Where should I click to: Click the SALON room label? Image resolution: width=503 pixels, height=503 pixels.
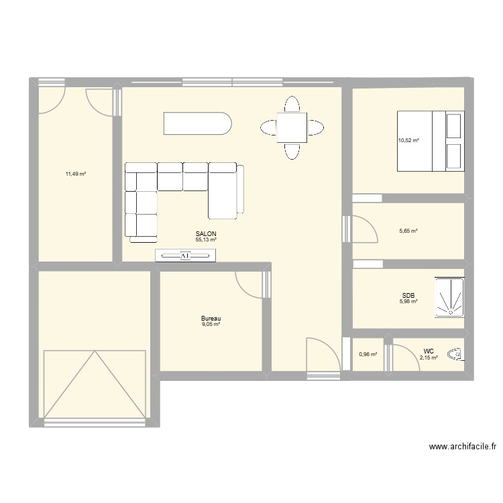pyautogui.click(x=206, y=234)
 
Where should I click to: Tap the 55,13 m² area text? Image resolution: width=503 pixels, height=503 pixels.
pyautogui.click(x=206, y=239)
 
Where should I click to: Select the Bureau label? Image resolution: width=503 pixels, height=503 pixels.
pyautogui.click(x=211, y=319)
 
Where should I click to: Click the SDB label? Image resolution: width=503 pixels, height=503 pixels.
pyautogui.click(x=408, y=295)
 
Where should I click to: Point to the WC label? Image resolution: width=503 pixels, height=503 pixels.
pyautogui.click(x=428, y=351)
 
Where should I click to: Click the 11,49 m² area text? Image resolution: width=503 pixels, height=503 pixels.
pyautogui.click(x=75, y=174)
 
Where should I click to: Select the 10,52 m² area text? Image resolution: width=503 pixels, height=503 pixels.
pyautogui.click(x=408, y=140)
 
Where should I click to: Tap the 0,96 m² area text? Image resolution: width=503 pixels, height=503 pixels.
pyautogui.click(x=368, y=355)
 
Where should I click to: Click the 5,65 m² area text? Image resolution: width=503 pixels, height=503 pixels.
pyautogui.click(x=408, y=231)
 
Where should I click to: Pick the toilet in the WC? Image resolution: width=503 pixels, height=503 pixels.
pyautogui.click(x=457, y=353)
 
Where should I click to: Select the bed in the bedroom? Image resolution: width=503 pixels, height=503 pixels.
pyautogui.click(x=431, y=141)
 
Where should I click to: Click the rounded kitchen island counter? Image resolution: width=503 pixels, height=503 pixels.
pyautogui.click(x=198, y=124)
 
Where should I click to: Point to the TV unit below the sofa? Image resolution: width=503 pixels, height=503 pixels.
pyautogui.click(x=186, y=255)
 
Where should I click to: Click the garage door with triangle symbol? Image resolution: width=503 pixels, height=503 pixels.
pyautogui.click(x=95, y=384)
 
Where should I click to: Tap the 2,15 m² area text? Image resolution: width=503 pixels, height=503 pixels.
pyautogui.click(x=429, y=357)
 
